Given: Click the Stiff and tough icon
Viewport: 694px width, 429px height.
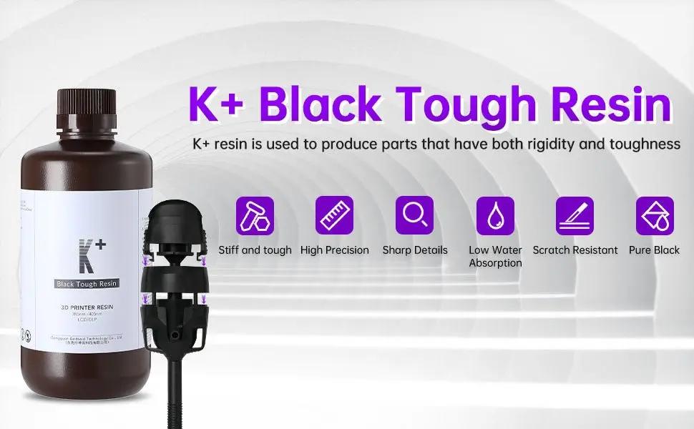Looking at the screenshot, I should [255, 215].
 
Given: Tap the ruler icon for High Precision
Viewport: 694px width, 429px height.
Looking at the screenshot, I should [335, 215].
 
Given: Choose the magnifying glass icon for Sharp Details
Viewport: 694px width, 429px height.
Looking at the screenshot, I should [414, 215].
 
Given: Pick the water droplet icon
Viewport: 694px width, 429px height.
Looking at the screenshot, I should [495, 215].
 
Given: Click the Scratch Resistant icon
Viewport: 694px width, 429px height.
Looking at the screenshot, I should [575, 215].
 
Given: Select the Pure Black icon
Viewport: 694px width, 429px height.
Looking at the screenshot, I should [655, 215].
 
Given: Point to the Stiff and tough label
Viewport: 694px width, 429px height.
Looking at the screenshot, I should [255, 250].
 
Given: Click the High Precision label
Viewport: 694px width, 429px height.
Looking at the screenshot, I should [335, 250].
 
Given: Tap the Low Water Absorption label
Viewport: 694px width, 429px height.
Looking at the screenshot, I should [495, 257].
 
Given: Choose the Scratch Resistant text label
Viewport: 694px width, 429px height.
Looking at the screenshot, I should [575, 250].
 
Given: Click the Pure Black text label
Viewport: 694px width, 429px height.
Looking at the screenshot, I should [655, 250].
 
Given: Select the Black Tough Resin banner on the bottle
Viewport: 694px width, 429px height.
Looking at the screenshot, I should [87, 284].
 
